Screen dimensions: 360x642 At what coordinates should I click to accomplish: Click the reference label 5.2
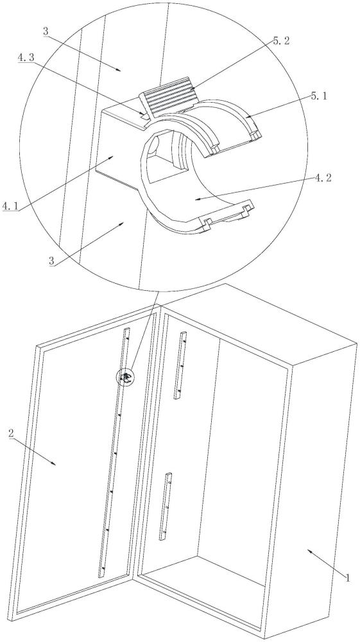pos(282,42)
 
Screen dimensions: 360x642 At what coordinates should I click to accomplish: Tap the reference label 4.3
pos(26,58)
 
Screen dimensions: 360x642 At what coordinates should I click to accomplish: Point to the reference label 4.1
pos(10,206)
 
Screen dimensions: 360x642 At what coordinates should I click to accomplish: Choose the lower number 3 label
pos(53,261)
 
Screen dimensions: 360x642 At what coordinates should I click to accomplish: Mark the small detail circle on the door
pos(126,377)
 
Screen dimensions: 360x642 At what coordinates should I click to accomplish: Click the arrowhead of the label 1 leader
pos(310,551)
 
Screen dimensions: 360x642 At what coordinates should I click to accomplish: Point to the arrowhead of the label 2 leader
pos(54,464)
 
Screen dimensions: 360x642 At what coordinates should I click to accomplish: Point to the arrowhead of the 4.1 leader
pos(114,157)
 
